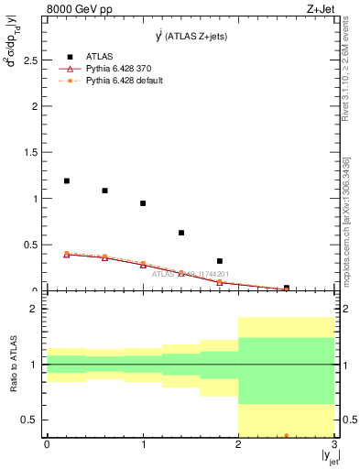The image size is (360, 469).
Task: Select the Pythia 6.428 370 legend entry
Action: pos(124,69)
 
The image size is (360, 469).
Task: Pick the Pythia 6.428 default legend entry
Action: pos(124,81)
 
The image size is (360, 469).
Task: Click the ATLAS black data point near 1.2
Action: pos(66,180)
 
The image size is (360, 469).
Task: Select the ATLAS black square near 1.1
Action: pos(104,191)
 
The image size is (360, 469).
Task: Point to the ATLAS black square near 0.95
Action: pos(143,203)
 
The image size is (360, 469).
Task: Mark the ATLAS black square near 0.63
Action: pos(181,233)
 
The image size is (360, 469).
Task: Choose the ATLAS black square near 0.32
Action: pos(220,261)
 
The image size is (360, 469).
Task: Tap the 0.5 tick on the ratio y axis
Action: pos(31,420)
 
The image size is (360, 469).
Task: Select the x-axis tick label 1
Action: pos(143,444)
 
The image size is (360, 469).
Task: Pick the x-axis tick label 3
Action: pos(334,444)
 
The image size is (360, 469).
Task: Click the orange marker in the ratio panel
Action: pos(287,435)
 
